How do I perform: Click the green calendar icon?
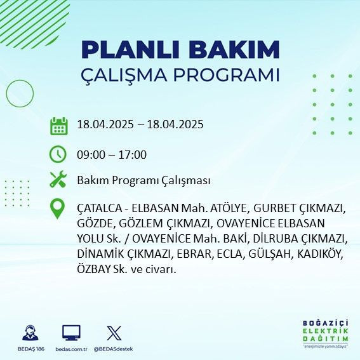[x=58, y=125]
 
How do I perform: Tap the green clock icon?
[x=58, y=154]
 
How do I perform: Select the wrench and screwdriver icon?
[x=58, y=180]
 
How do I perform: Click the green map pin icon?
[x=58, y=209]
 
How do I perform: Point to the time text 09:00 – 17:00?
[x=111, y=154]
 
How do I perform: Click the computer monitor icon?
[x=71, y=333]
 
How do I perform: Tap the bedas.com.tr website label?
[x=71, y=349]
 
